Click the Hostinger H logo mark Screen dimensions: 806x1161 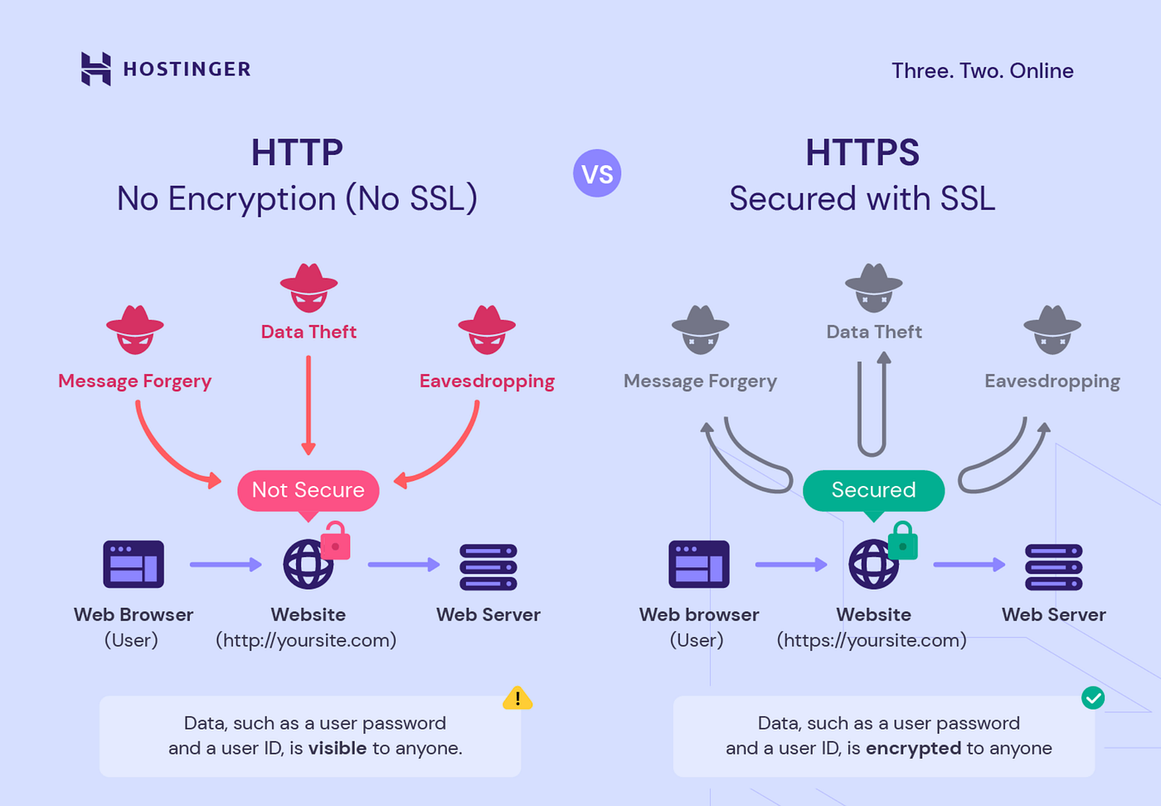click(x=95, y=69)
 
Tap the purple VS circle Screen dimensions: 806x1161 click(x=597, y=173)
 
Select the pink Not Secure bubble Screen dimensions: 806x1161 click(x=308, y=490)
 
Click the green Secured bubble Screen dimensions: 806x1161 click(x=873, y=490)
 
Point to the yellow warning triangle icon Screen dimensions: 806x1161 click(x=517, y=698)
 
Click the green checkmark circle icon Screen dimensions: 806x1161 click(x=1093, y=698)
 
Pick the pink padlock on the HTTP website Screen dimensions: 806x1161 click(x=335, y=541)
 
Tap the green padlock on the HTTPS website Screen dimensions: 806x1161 click(x=902, y=541)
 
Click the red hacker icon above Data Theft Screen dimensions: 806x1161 click(x=308, y=288)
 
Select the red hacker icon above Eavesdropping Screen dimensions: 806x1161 click(x=487, y=329)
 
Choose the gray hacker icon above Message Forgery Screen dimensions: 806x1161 click(x=700, y=329)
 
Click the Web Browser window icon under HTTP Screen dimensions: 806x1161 click(x=134, y=565)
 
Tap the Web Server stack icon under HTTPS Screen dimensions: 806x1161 click(x=1053, y=567)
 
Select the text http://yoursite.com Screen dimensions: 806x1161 click(x=306, y=640)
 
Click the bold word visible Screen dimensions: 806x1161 click(x=338, y=748)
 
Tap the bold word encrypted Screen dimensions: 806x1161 click(x=913, y=748)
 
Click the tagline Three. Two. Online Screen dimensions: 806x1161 click(x=982, y=71)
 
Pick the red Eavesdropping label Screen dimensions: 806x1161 click(x=487, y=381)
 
